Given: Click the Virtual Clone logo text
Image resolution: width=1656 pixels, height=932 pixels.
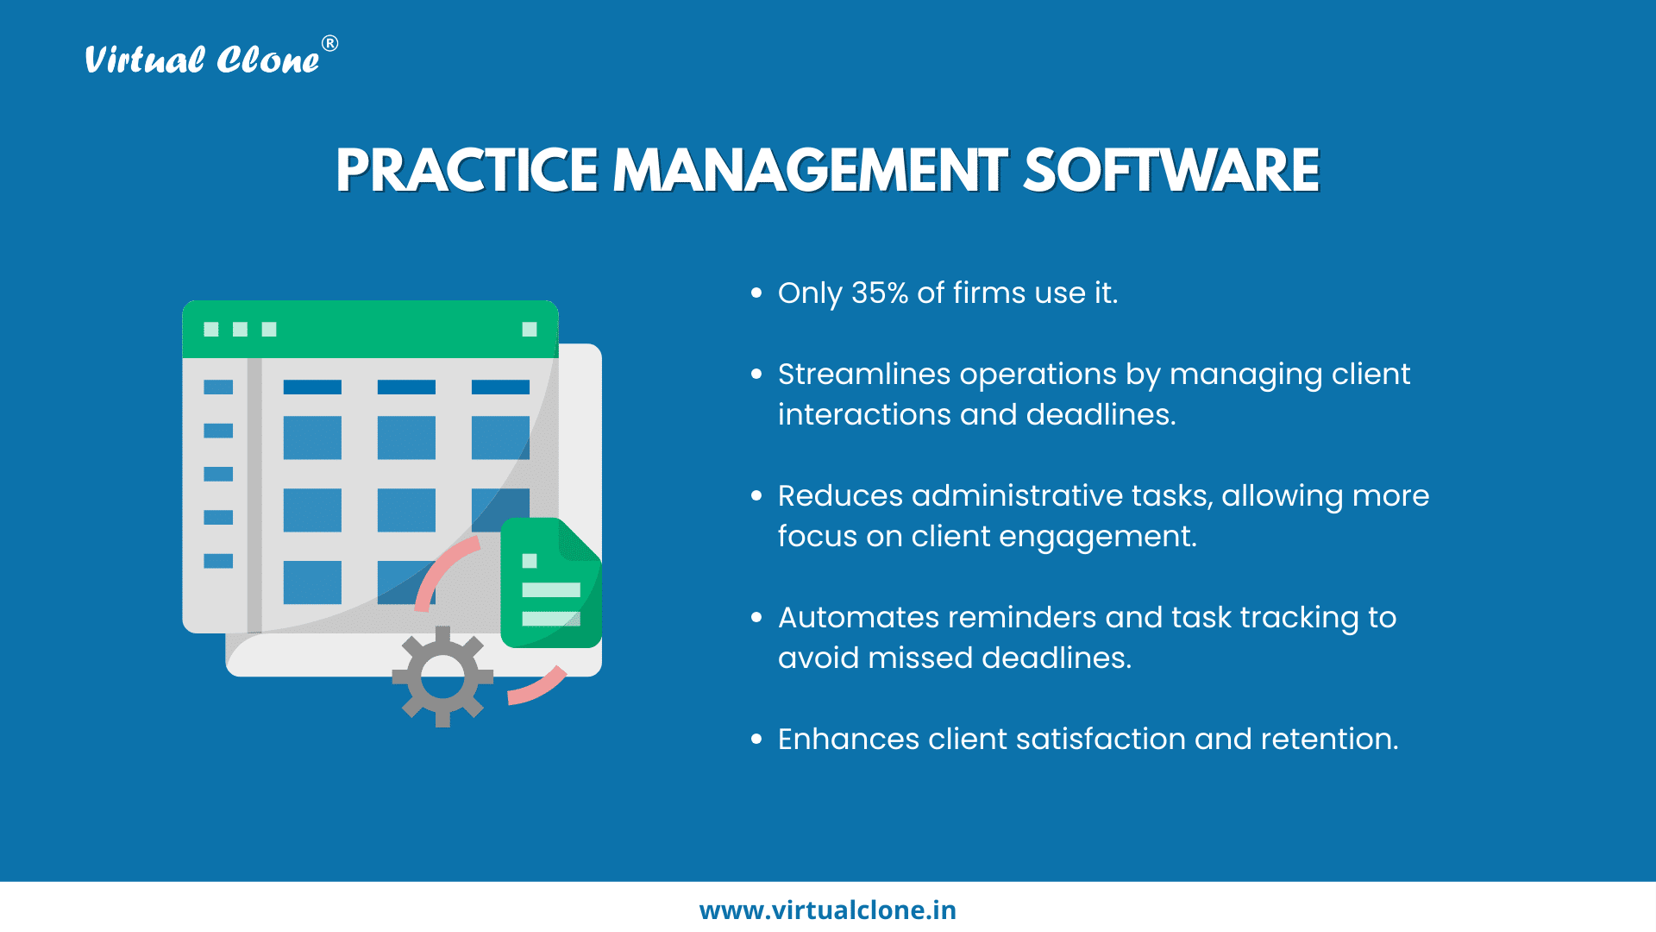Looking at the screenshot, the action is (x=202, y=60).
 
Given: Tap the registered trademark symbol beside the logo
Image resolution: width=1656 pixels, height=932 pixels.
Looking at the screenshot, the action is (x=329, y=43).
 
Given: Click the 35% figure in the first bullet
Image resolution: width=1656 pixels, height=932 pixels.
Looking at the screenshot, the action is (x=880, y=293).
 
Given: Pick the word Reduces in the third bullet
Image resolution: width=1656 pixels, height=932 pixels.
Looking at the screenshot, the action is (x=840, y=496).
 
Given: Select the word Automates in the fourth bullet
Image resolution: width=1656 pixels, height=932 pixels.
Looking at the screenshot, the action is (x=858, y=618).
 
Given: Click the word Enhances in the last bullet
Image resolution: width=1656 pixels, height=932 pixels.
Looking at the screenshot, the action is (x=849, y=740).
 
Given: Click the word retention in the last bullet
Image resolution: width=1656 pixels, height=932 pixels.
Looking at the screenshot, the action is (x=1329, y=740).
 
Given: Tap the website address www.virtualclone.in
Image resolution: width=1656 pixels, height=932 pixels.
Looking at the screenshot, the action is (x=828, y=910).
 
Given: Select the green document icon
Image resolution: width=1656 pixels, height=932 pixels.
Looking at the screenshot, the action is (x=551, y=582).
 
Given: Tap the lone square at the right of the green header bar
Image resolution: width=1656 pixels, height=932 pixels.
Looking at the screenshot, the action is (x=530, y=329).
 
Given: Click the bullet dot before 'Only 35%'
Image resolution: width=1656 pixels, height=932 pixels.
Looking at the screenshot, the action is (x=756, y=293).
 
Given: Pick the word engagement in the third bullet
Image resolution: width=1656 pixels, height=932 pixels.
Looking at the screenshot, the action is (x=1098, y=537).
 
